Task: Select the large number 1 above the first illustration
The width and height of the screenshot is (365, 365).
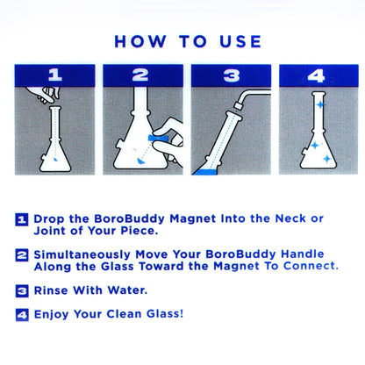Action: click(x=54, y=75)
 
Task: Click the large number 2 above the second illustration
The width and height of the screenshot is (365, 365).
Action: click(x=141, y=75)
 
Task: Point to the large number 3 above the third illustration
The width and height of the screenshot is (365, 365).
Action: click(x=230, y=75)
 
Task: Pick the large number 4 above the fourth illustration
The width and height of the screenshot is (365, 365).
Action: click(x=316, y=75)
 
